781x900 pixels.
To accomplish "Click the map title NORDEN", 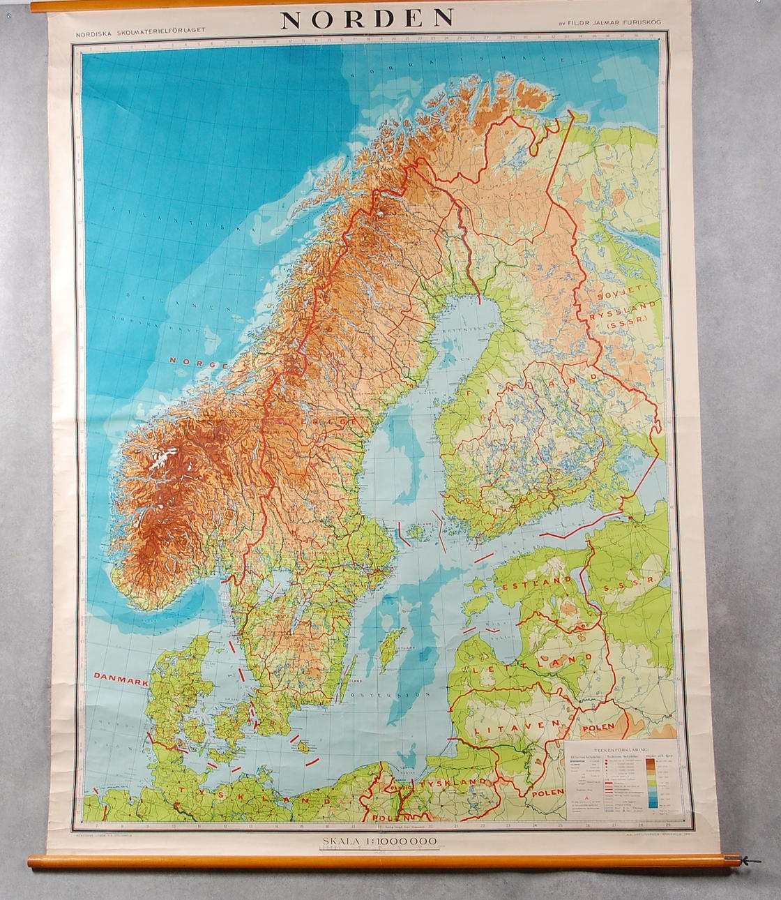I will click(367, 19).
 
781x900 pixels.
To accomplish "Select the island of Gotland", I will click(395, 643).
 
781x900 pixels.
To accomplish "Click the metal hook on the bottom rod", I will click(750, 861).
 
